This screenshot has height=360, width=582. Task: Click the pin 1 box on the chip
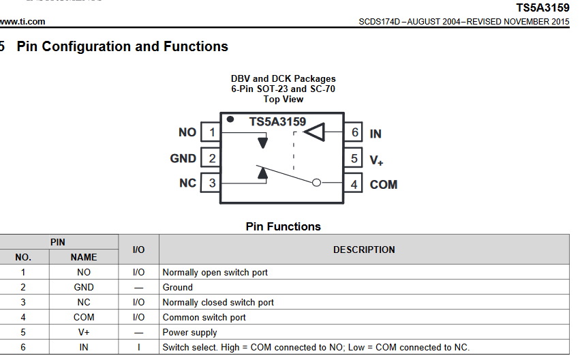[212, 132]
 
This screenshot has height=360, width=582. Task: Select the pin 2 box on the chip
[212, 158]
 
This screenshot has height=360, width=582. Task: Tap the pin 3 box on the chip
[212, 183]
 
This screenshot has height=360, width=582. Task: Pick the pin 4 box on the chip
[354, 184]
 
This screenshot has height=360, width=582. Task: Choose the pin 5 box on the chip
[354, 159]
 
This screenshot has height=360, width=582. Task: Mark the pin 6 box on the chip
[354, 133]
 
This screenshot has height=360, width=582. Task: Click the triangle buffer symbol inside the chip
[315, 132]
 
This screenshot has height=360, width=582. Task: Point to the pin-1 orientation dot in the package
[230, 119]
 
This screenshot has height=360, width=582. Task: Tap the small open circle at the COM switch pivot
[316, 183]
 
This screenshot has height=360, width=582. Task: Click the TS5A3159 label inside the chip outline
[277, 121]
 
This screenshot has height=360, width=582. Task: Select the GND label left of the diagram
[183, 158]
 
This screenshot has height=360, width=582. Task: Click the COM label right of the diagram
[384, 185]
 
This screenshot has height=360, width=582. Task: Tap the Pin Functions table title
[283, 226]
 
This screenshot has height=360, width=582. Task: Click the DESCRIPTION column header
[364, 250]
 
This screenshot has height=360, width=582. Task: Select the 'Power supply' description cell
[189, 333]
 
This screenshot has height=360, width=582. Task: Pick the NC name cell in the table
[84, 302]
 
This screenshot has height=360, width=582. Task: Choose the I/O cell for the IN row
[138, 347]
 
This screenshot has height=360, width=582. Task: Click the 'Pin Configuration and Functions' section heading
[122, 46]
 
